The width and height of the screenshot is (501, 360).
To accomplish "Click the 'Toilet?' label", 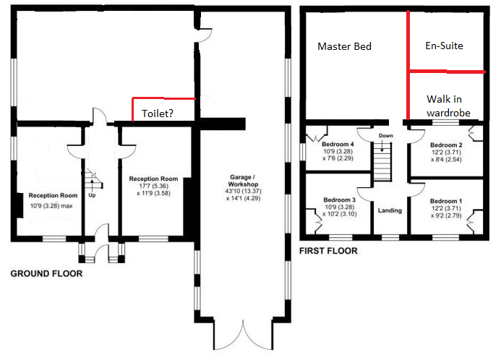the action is coord(158,113).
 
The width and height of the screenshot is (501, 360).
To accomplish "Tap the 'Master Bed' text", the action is coord(344,47).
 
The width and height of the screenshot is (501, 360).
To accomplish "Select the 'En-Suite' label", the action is coord(444,46).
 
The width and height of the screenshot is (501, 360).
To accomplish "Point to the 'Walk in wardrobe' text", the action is coord(448,106).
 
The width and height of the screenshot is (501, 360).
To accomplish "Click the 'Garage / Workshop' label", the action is coord(243,181).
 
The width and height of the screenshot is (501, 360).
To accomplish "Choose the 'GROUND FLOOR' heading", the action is coord(47,274).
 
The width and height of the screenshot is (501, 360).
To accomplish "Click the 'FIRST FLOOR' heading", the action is coord(328,251).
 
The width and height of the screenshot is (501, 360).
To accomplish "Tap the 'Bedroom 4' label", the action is coord(338,144).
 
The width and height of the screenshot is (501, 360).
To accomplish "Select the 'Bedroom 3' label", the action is coord(339,200).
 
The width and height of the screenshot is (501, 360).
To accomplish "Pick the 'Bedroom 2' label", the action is coord(446,145).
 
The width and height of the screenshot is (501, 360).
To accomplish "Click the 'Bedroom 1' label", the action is coord(446,201).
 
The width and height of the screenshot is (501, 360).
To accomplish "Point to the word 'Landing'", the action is coord(390,210).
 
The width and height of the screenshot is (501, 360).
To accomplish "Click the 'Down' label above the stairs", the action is coord(386,136).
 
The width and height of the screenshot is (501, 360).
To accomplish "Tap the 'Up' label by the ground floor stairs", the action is coord(92,195).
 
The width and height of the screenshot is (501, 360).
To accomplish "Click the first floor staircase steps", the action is coord(382,162).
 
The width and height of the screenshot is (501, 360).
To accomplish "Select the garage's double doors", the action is coord(243,335).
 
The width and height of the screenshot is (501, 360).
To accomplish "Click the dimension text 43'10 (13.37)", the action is coord(243,192).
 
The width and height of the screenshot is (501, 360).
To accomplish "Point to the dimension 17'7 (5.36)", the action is coord(153,186).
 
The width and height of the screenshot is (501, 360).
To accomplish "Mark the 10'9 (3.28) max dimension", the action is coord(51,206).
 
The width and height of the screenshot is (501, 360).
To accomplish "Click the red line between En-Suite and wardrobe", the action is coord(447,72).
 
